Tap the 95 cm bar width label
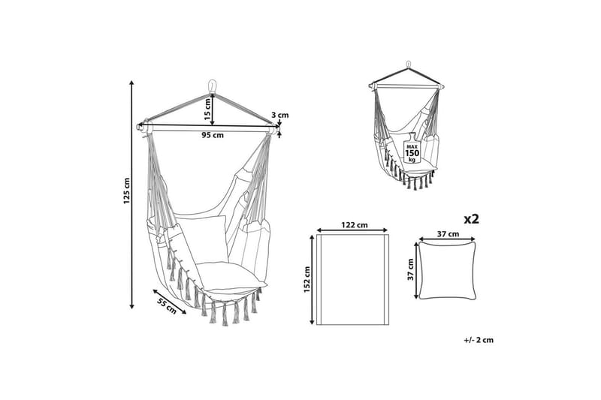click(213, 135)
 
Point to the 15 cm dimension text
click(207, 110)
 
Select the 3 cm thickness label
click(279, 115)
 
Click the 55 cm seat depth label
click(167, 305)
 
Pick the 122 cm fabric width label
click(354, 225)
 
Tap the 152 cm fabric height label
click(307, 280)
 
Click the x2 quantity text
click(472, 219)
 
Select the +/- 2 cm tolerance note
click(479, 339)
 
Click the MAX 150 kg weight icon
click(412, 149)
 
